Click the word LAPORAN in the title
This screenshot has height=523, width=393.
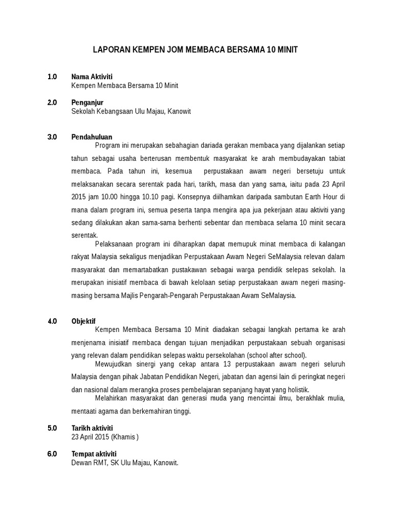click(110, 50)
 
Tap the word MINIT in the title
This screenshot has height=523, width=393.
click(286, 50)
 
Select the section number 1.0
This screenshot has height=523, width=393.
click(52, 77)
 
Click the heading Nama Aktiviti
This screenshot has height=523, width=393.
click(92, 77)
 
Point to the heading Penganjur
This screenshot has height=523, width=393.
click(88, 103)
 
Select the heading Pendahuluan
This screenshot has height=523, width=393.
click(92, 137)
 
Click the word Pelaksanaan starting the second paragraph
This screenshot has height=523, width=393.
click(115, 243)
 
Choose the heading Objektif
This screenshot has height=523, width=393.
click(84, 321)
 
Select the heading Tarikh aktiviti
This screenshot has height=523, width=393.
click(92, 427)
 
